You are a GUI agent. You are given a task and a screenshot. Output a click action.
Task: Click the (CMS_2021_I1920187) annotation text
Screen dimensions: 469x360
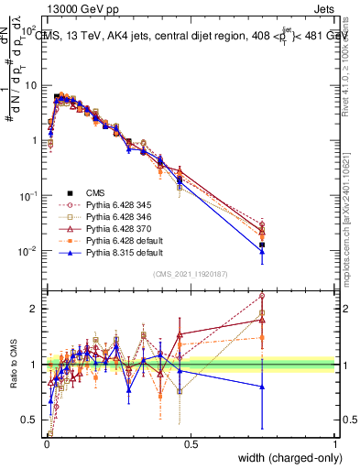click(x=191, y=273)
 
